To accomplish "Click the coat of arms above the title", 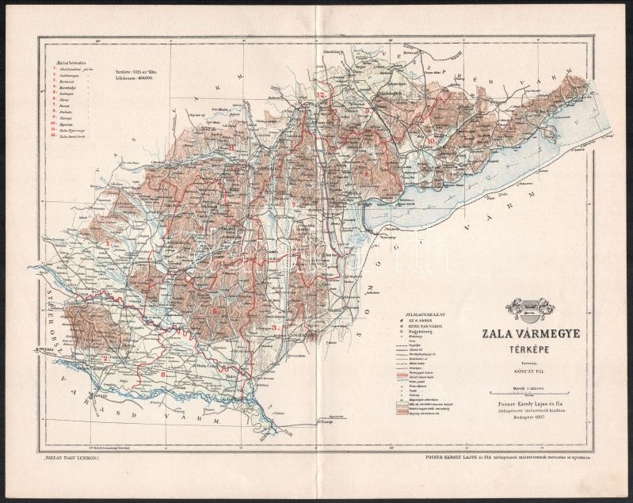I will (530, 309).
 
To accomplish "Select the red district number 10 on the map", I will (429, 141).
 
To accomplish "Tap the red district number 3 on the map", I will (274, 326).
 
